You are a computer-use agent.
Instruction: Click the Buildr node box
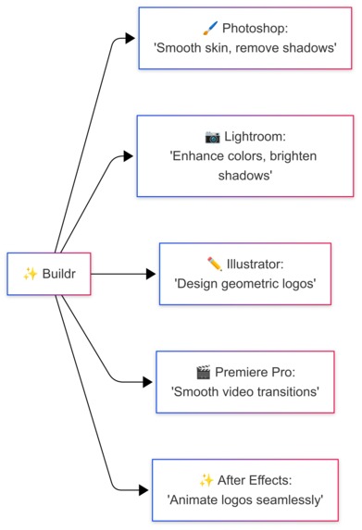click(x=47, y=273)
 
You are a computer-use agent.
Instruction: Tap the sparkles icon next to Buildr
click(x=30, y=274)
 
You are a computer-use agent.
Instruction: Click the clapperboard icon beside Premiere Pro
click(x=203, y=372)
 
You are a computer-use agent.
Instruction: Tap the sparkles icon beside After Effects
click(x=206, y=480)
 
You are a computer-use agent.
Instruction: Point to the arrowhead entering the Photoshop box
click(x=131, y=39)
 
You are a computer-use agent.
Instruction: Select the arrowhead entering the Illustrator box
click(x=152, y=274)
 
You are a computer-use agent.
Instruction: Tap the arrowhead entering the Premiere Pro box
click(x=147, y=381)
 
